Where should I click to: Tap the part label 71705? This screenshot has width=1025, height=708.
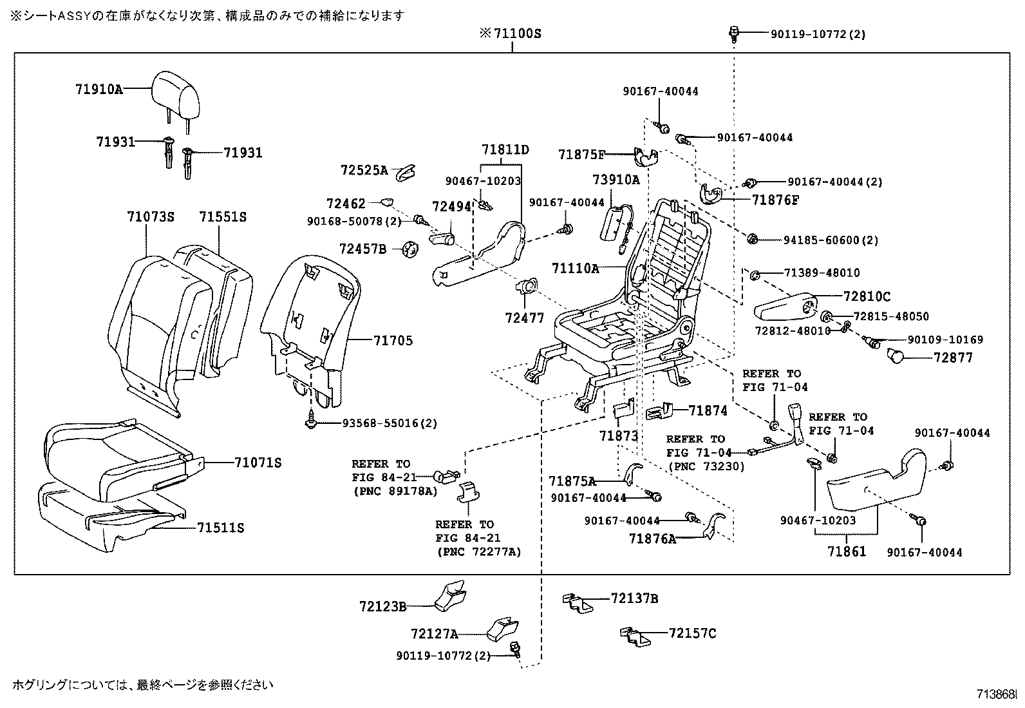[393, 341]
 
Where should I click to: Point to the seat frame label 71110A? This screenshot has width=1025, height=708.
[575, 268]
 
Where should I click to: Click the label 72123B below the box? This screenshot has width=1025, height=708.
[382, 606]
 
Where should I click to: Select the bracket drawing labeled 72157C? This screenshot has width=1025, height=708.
[633, 636]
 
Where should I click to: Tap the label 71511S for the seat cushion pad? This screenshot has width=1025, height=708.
[221, 528]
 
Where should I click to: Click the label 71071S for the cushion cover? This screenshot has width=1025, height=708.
[258, 463]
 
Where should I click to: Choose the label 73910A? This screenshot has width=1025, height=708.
[616, 180]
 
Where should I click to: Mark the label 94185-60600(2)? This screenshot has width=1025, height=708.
[831, 240]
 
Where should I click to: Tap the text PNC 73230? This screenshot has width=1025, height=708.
[706, 466]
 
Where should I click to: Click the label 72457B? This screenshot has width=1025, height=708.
[362, 248]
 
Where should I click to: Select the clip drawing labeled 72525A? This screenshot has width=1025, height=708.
[404, 171]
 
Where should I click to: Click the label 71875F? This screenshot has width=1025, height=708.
[582, 155]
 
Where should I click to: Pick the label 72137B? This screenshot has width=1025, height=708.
[634, 598]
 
